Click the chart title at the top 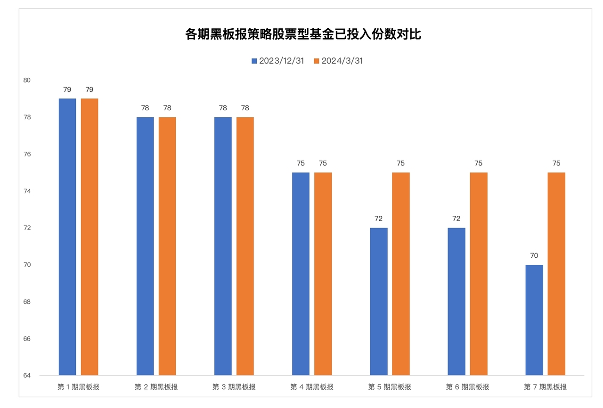[303, 34]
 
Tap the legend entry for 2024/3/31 [339, 61]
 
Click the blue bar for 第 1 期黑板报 [67, 237]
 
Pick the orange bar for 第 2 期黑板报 [167, 246]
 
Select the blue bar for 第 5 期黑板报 [379, 302]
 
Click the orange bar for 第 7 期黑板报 [556, 274]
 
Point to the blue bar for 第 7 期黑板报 [534, 320]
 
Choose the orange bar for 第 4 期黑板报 [323, 274]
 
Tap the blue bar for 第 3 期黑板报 [223, 246]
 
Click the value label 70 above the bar [534, 256]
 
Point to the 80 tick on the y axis [26, 80]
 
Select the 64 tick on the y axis [26, 375]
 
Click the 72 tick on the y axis [26, 228]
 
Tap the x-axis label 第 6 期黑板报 [467, 387]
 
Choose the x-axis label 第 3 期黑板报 [234, 387]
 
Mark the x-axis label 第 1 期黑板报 [78, 387]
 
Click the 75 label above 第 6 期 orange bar [479, 163]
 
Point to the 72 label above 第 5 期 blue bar [379, 219]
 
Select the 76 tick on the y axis [26, 154]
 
